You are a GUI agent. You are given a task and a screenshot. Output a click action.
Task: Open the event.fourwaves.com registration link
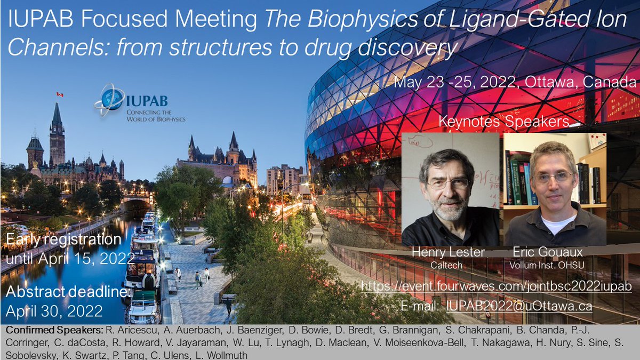(x=496, y=286)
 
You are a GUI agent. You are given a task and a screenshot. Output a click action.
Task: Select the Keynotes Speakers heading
(x=504, y=122)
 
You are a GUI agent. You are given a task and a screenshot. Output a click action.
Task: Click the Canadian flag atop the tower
(x=60, y=94)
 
